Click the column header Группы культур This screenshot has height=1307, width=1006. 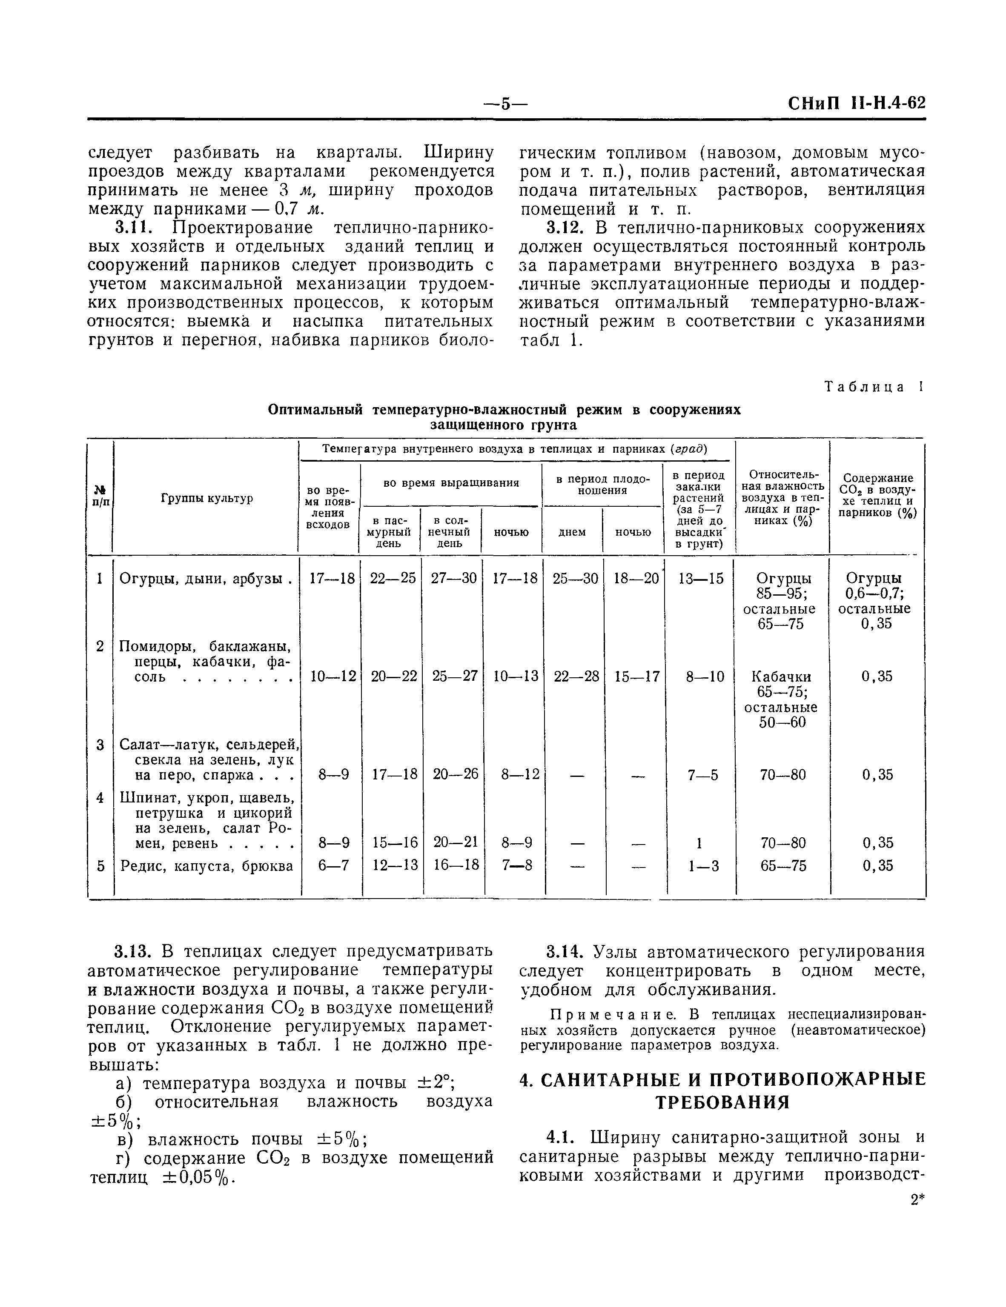[x=206, y=498]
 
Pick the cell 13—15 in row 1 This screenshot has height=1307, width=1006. [x=700, y=578]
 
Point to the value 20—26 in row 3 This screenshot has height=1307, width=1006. [x=455, y=774]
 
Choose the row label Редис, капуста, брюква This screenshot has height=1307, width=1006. [x=206, y=865]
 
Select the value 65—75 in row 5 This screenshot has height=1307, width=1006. [x=782, y=866]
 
